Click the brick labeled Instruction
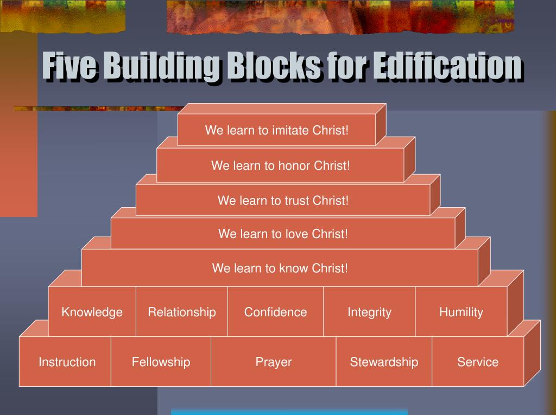67,362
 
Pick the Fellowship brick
161,362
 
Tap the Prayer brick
274,362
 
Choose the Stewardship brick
384,362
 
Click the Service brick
478,362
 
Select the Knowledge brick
92,312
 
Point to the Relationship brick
182,312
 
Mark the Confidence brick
275,312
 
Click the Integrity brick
369,312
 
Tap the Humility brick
461,312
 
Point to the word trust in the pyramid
297,201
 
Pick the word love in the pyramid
297,234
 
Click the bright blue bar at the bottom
289,412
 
